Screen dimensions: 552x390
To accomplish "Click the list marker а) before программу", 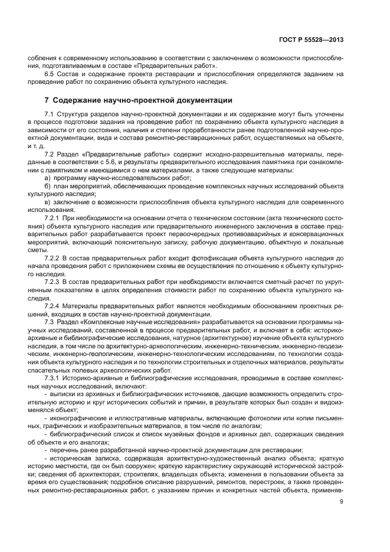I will click(x=48, y=177).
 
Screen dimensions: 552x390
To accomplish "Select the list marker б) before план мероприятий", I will click(x=48, y=186).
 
